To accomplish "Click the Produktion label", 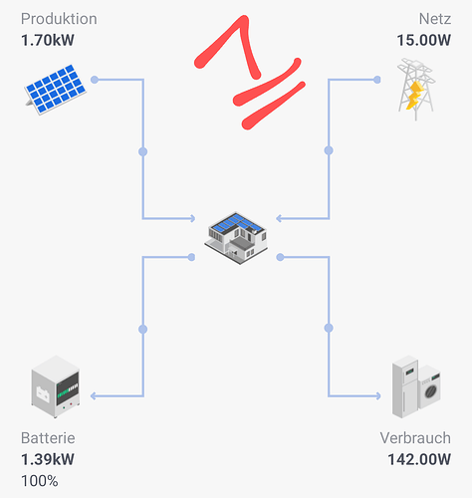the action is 59,19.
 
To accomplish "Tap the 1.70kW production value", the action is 48,40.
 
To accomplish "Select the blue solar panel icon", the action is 56,90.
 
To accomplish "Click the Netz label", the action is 435,19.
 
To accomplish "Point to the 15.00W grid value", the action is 424,40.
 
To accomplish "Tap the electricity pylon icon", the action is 416,89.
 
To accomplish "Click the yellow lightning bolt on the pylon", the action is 414,96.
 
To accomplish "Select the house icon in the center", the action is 236,238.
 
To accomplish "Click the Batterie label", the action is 48,438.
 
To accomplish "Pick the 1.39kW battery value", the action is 48,459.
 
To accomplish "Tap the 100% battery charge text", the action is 40,481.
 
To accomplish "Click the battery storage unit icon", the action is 56,386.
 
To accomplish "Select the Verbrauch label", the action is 415,438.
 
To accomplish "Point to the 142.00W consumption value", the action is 419,459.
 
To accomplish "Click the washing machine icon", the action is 429,387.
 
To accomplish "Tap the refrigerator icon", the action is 405,386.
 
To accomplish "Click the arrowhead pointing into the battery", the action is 94,395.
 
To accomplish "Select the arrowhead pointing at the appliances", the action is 378,395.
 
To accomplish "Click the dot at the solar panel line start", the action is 95,80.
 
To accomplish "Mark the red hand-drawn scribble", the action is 250,72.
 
